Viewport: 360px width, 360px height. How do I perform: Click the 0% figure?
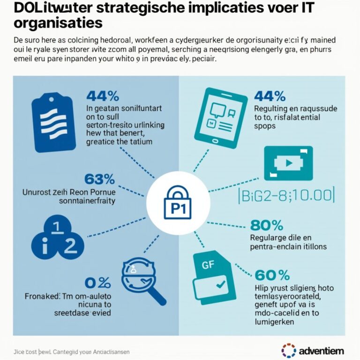97,283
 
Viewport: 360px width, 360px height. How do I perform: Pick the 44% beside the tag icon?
103,96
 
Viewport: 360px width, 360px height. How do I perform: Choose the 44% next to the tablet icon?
270,96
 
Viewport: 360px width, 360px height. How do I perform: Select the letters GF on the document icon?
208,264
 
